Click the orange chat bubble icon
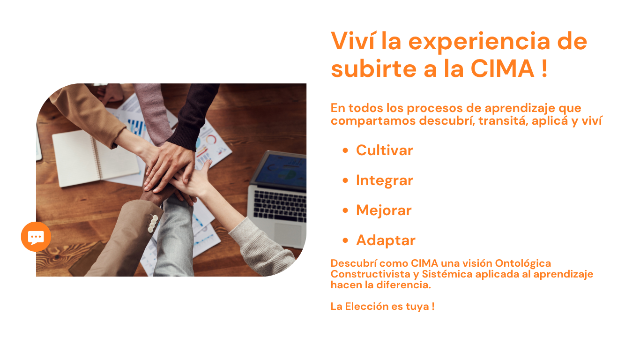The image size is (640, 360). (x=36, y=237)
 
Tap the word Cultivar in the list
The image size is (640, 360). (x=384, y=150)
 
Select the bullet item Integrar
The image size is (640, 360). (x=384, y=180)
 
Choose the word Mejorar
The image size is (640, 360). (x=384, y=210)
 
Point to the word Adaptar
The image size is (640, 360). (x=386, y=240)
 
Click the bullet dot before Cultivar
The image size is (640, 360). (x=345, y=151)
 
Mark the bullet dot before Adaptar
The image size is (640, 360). (x=345, y=241)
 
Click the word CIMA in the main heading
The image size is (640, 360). (x=502, y=68)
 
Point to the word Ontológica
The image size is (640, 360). (x=523, y=263)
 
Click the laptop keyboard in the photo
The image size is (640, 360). (x=280, y=205)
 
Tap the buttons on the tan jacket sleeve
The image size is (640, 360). (x=153, y=224)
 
